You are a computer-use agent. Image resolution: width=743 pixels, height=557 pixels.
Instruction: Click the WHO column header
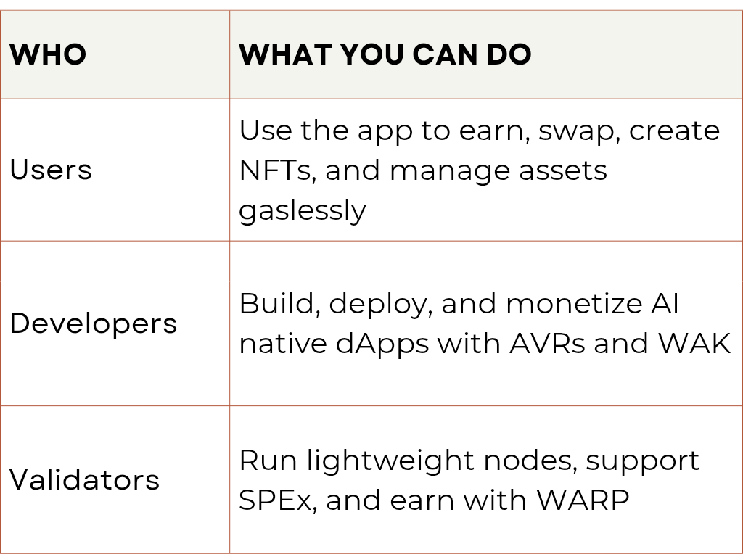point(48,54)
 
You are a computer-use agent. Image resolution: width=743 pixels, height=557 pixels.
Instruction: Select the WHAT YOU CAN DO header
point(385,54)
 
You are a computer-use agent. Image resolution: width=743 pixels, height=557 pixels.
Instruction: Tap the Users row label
point(51,170)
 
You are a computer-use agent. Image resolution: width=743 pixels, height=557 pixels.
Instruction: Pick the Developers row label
point(94,323)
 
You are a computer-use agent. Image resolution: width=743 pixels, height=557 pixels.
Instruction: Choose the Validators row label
point(84,479)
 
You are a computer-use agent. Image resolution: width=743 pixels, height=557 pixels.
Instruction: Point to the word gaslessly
point(303,210)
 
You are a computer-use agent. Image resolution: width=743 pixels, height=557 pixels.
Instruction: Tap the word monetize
point(573,304)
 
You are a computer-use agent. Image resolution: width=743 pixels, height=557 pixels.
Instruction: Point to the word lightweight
point(390,461)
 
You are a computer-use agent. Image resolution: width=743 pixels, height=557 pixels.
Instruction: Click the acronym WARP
point(583,500)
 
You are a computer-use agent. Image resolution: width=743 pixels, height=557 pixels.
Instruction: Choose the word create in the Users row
point(674,131)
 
